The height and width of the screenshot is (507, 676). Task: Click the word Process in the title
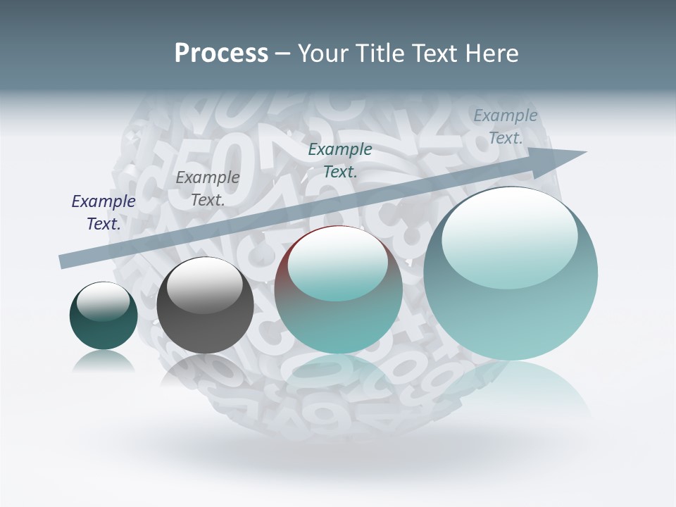pos(221,53)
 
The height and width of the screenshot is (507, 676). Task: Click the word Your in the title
pos(324,53)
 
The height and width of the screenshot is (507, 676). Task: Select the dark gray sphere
pos(205,306)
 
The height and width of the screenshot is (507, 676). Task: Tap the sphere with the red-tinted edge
pos(338,289)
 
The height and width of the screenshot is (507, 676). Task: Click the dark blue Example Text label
pos(104,213)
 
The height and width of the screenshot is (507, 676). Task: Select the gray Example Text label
pos(208,189)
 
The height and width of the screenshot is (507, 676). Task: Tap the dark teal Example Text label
pos(340,160)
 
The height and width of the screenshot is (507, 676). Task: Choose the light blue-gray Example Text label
pos(506,127)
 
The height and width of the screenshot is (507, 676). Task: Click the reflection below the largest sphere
pos(511,387)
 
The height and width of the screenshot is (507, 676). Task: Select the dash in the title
pos(282,54)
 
